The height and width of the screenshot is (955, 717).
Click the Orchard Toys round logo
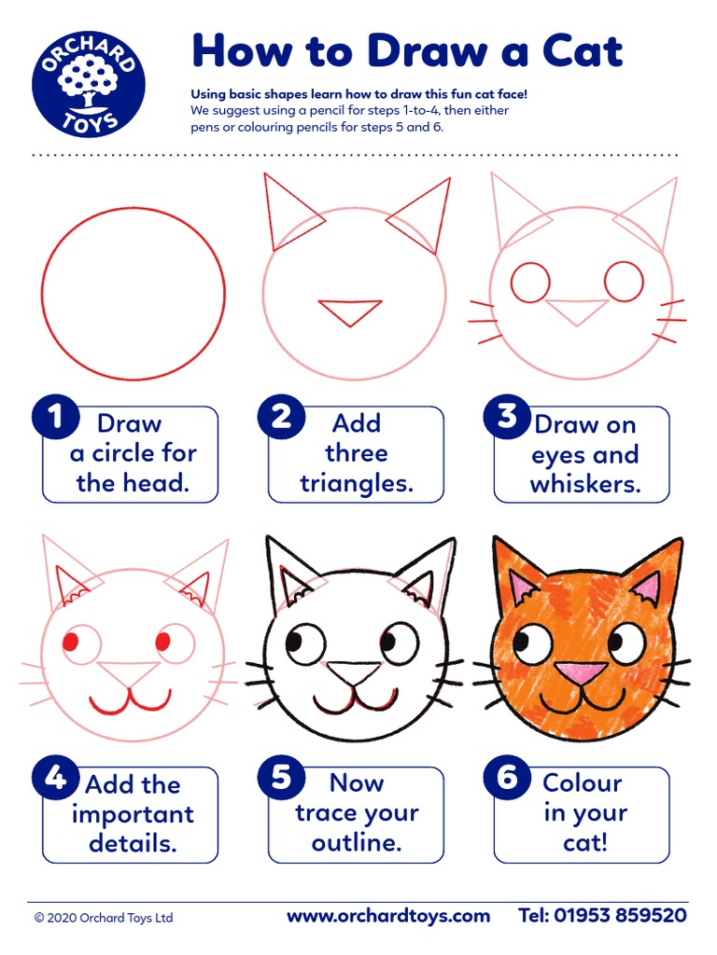click(89, 83)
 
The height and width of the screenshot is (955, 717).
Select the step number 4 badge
click(57, 777)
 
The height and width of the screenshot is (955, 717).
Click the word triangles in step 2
click(357, 484)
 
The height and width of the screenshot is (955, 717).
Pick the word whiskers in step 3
click(585, 485)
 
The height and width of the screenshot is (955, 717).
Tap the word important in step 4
click(133, 814)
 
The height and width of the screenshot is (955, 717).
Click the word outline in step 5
click(357, 843)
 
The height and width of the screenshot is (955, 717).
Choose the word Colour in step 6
click(583, 782)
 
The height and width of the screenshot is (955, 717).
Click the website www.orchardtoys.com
click(387, 916)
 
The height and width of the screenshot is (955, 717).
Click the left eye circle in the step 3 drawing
click(531, 283)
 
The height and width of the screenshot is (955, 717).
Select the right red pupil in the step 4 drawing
click(162, 641)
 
